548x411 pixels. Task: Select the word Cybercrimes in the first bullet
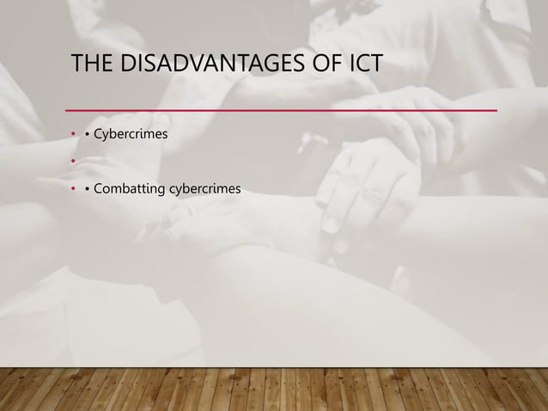tap(131, 135)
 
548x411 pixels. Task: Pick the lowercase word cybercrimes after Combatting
tap(206, 187)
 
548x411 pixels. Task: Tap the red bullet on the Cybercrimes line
tap(74, 136)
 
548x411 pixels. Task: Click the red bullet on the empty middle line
tap(74, 161)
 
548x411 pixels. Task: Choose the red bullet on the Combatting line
tap(74, 187)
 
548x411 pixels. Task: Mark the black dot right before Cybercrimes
tap(88, 136)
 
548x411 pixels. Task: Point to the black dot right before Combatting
tap(88, 187)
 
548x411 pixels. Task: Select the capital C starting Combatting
tap(97, 187)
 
